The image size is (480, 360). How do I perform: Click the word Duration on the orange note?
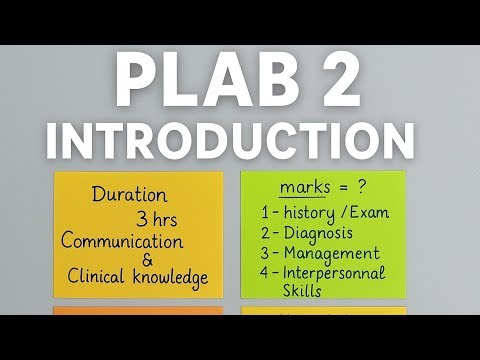tap(129, 195)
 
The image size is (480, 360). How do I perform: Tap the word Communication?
tap(122, 241)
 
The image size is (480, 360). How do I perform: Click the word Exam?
tap(369, 212)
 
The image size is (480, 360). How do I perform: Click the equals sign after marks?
tap(340, 188)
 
